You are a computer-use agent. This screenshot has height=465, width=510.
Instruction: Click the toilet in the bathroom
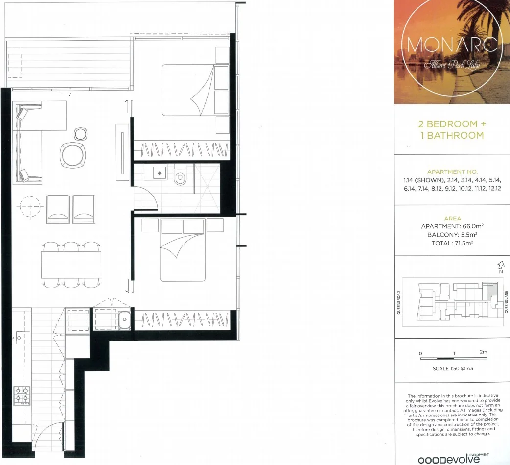180,177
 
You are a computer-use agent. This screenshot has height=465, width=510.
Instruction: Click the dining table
71,265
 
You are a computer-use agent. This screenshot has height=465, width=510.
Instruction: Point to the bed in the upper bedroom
188,91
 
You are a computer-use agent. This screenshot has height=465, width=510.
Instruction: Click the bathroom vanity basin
160,173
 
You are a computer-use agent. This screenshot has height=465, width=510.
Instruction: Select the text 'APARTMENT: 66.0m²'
452,227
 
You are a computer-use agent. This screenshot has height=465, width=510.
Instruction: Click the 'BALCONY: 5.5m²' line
452,235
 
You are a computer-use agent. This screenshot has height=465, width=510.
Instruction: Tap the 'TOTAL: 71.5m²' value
452,243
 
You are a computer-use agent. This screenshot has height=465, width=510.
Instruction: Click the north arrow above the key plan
500,266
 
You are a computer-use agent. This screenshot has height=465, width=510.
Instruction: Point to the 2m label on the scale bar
484,352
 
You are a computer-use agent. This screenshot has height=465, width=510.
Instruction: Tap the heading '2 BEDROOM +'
452,124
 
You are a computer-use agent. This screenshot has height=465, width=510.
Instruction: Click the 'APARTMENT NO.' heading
452,172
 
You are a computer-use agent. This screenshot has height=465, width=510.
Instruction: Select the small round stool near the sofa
81,134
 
